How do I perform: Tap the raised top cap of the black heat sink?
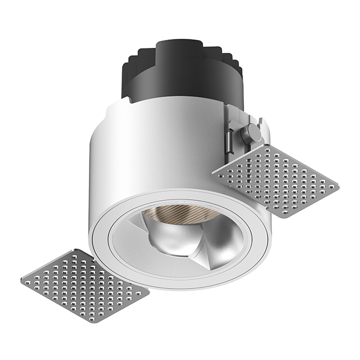(179, 48)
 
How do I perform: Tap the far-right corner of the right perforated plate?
(339, 186)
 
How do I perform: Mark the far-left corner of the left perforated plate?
(21, 280)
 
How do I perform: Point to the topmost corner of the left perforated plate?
(74, 250)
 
